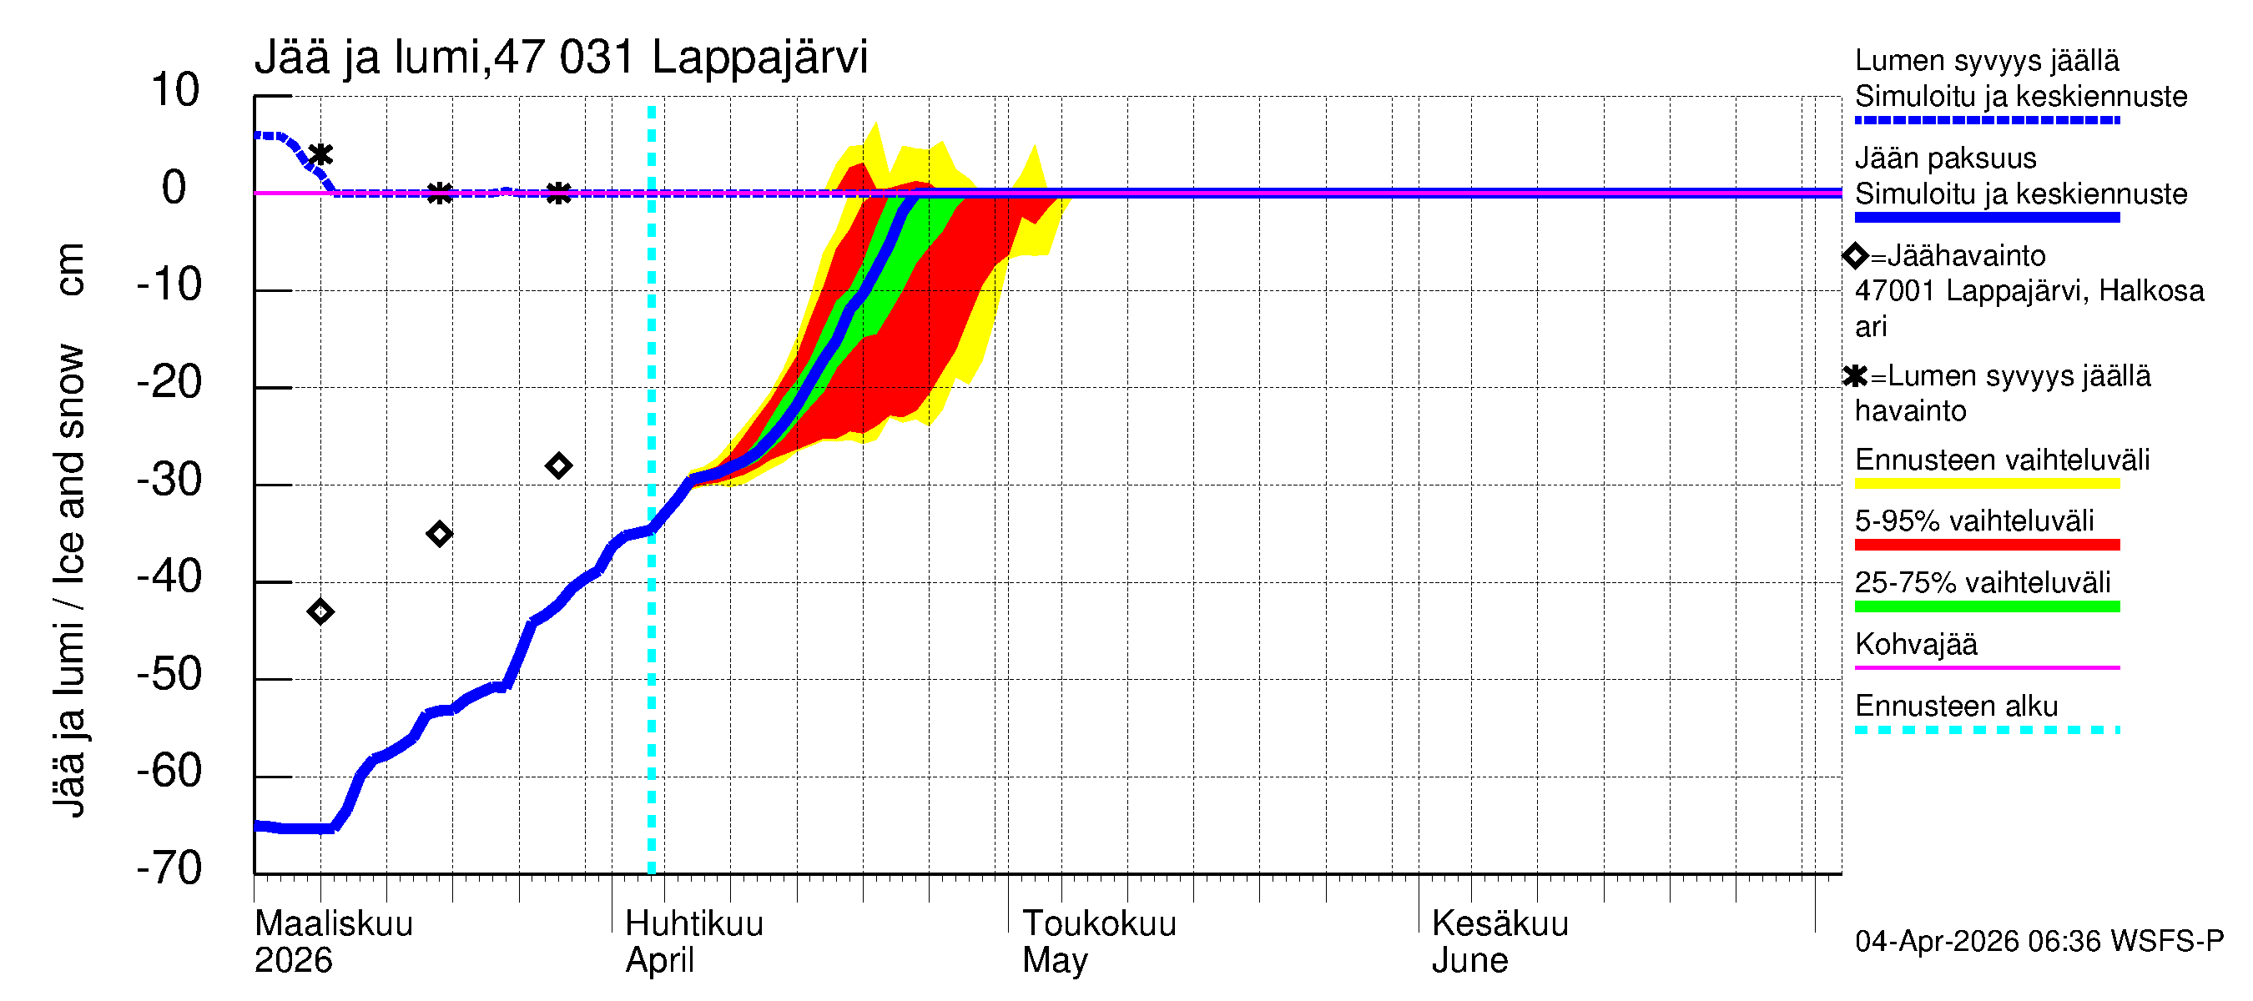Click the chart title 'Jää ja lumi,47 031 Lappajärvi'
click(x=561, y=58)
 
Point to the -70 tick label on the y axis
click(x=169, y=868)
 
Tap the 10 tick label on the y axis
click(x=175, y=90)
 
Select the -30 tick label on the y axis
click(x=169, y=479)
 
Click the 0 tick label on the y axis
click(x=174, y=188)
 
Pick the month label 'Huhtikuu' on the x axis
click(x=693, y=923)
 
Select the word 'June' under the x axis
click(x=1469, y=961)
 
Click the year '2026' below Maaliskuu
click(x=293, y=961)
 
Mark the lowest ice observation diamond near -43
click(x=321, y=611)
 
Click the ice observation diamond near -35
click(x=439, y=533)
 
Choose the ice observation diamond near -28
click(x=559, y=465)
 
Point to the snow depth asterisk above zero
click(x=321, y=155)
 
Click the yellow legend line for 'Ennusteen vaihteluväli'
click(x=1986, y=484)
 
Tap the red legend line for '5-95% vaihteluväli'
click(x=1986, y=545)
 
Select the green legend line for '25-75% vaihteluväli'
click(x=1986, y=606)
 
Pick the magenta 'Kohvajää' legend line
click(x=1986, y=668)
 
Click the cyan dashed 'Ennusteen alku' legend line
click(x=1986, y=729)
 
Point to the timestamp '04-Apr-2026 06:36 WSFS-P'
click(x=2039, y=941)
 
